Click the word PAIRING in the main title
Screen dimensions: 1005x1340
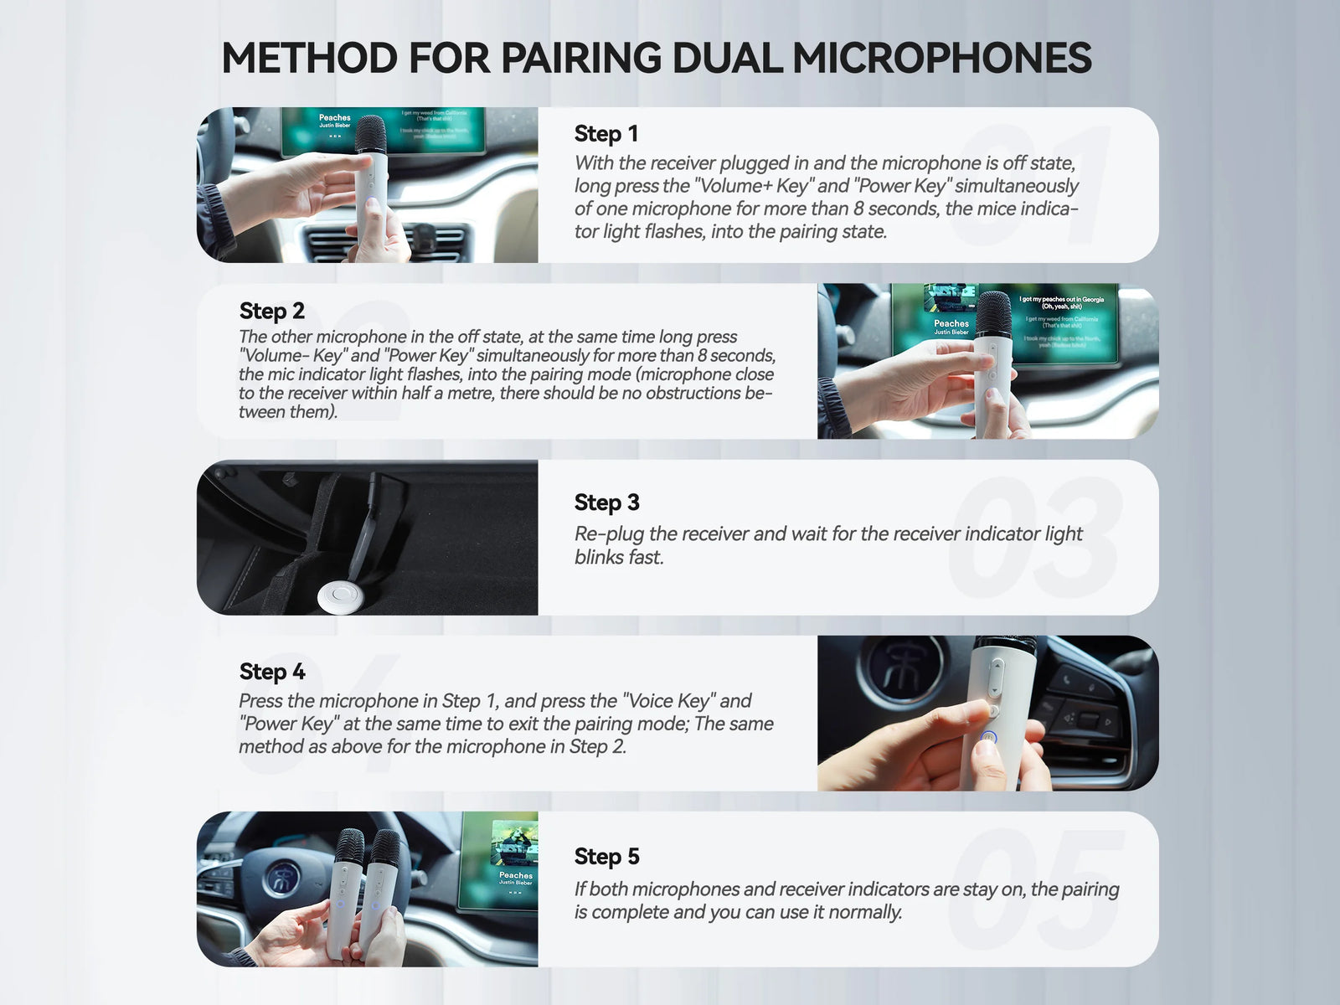[584, 59]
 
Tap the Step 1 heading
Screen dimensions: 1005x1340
[606, 134]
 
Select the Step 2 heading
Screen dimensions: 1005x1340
[271, 311]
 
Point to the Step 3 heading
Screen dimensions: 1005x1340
[606, 502]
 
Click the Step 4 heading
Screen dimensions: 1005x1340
[271, 672]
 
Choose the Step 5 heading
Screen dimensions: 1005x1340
[606, 857]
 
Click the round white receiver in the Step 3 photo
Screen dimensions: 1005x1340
[339, 595]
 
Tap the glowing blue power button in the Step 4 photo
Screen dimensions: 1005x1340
[988, 738]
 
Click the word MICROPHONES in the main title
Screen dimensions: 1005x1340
[941, 59]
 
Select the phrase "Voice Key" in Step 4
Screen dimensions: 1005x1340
[667, 701]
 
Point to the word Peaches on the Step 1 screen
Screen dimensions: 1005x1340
[334, 118]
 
